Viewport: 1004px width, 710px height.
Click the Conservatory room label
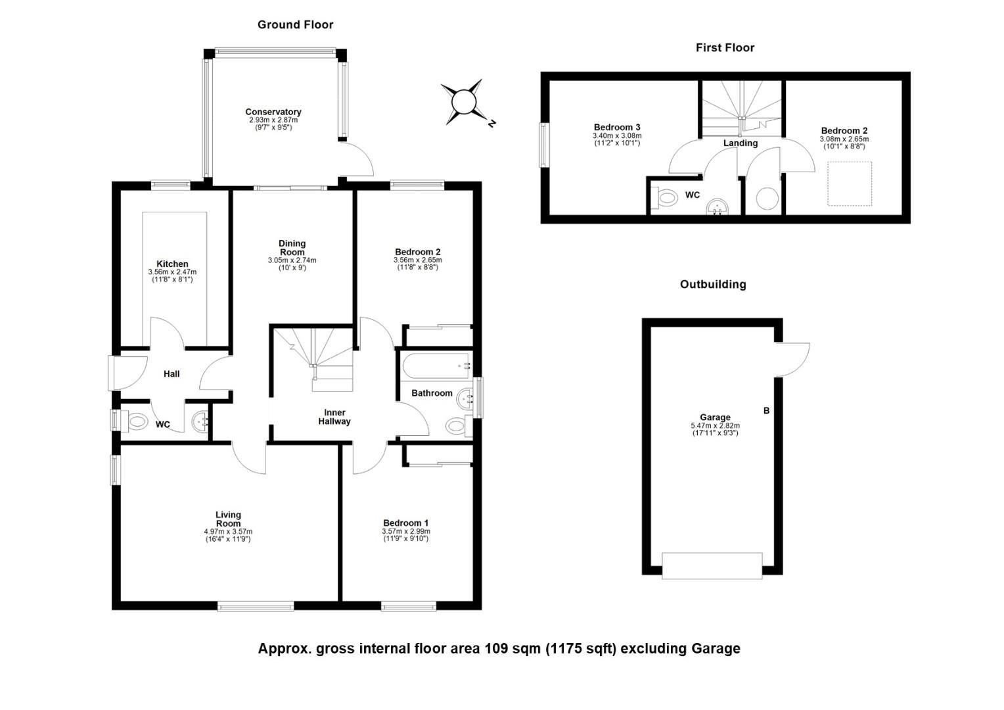pyautogui.click(x=273, y=112)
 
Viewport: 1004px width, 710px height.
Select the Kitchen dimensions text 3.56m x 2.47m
pyautogui.click(x=172, y=272)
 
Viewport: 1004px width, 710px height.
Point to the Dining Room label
pyautogui.click(x=292, y=248)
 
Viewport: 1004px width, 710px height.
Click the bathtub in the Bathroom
pyautogui.click(x=436, y=366)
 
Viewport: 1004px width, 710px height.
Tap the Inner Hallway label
pyautogui.click(x=334, y=417)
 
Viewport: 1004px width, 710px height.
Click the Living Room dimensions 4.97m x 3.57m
pyautogui.click(x=228, y=531)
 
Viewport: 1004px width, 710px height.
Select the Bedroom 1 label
pyautogui.click(x=405, y=523)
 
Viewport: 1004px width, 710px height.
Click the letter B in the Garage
pyautogui.click(x=766, y=410)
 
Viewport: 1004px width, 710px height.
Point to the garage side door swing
pyautogui.click(x=792, y=360)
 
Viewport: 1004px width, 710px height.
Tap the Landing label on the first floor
pyautogui.click(x=741, y=143)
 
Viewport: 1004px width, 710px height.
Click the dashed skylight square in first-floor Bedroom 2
pyautogui.click(x=850, y=183)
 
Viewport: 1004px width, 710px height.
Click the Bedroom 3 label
pyautogui.click(x=617, y=128)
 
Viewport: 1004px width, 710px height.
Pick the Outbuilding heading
pyautogui.click(x=713, y=285)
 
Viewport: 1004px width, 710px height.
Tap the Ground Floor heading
pyautogui.click(x=296, y=25)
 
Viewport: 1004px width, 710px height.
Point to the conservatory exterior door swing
pyautogui.click(x=357, y=158)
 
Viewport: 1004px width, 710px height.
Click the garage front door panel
pyautogui.click(x=712, y=566)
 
